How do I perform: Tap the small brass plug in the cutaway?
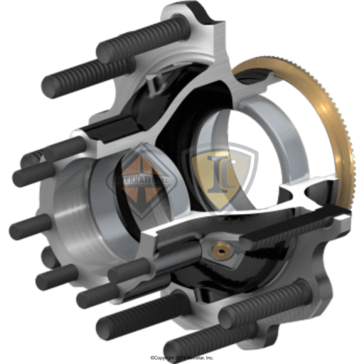tap(221, 250)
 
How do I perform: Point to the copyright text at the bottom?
tap(181, 358)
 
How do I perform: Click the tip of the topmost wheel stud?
tap(107, 51)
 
